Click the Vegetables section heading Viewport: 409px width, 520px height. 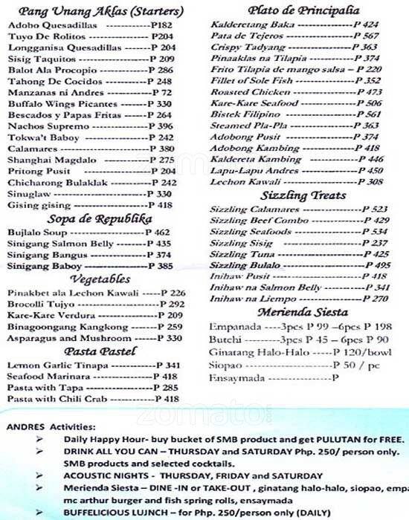100,279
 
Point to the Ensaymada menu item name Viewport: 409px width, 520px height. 236,377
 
